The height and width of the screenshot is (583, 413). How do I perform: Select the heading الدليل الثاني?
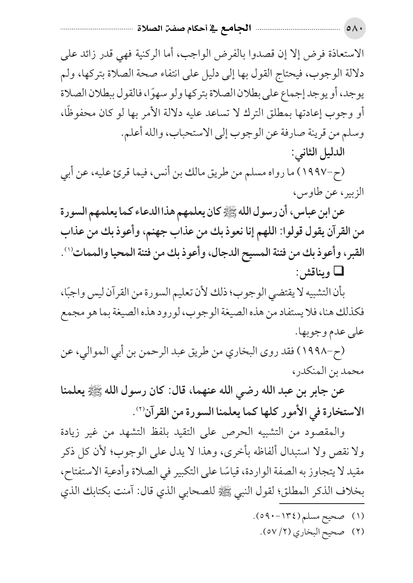(x=320, y=152)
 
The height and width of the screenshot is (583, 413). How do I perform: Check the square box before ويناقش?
(x=341, y=270)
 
